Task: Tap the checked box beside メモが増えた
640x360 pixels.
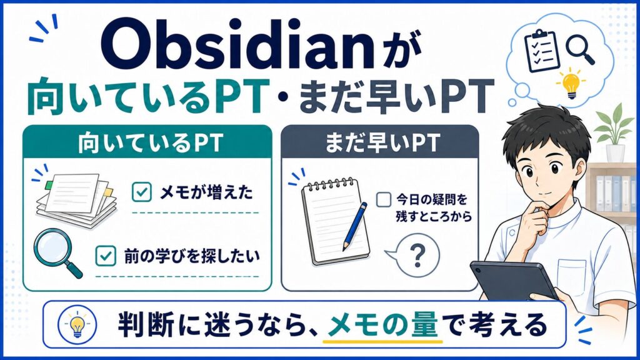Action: [142, 192]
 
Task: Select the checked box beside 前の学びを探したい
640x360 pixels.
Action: [106, 256]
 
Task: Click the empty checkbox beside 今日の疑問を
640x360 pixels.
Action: [383, 199]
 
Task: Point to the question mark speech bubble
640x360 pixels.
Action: [414, 256]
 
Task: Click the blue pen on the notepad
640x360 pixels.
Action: [355, 226]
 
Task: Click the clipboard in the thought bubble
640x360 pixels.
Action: [541, 51]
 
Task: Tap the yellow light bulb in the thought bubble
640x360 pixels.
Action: [571, 84]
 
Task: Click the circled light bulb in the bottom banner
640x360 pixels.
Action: [77, 324]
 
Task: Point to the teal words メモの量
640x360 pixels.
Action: [382, 325]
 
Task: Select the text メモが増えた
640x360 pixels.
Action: [206, 192]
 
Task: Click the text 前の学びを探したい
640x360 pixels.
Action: [192, 256]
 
